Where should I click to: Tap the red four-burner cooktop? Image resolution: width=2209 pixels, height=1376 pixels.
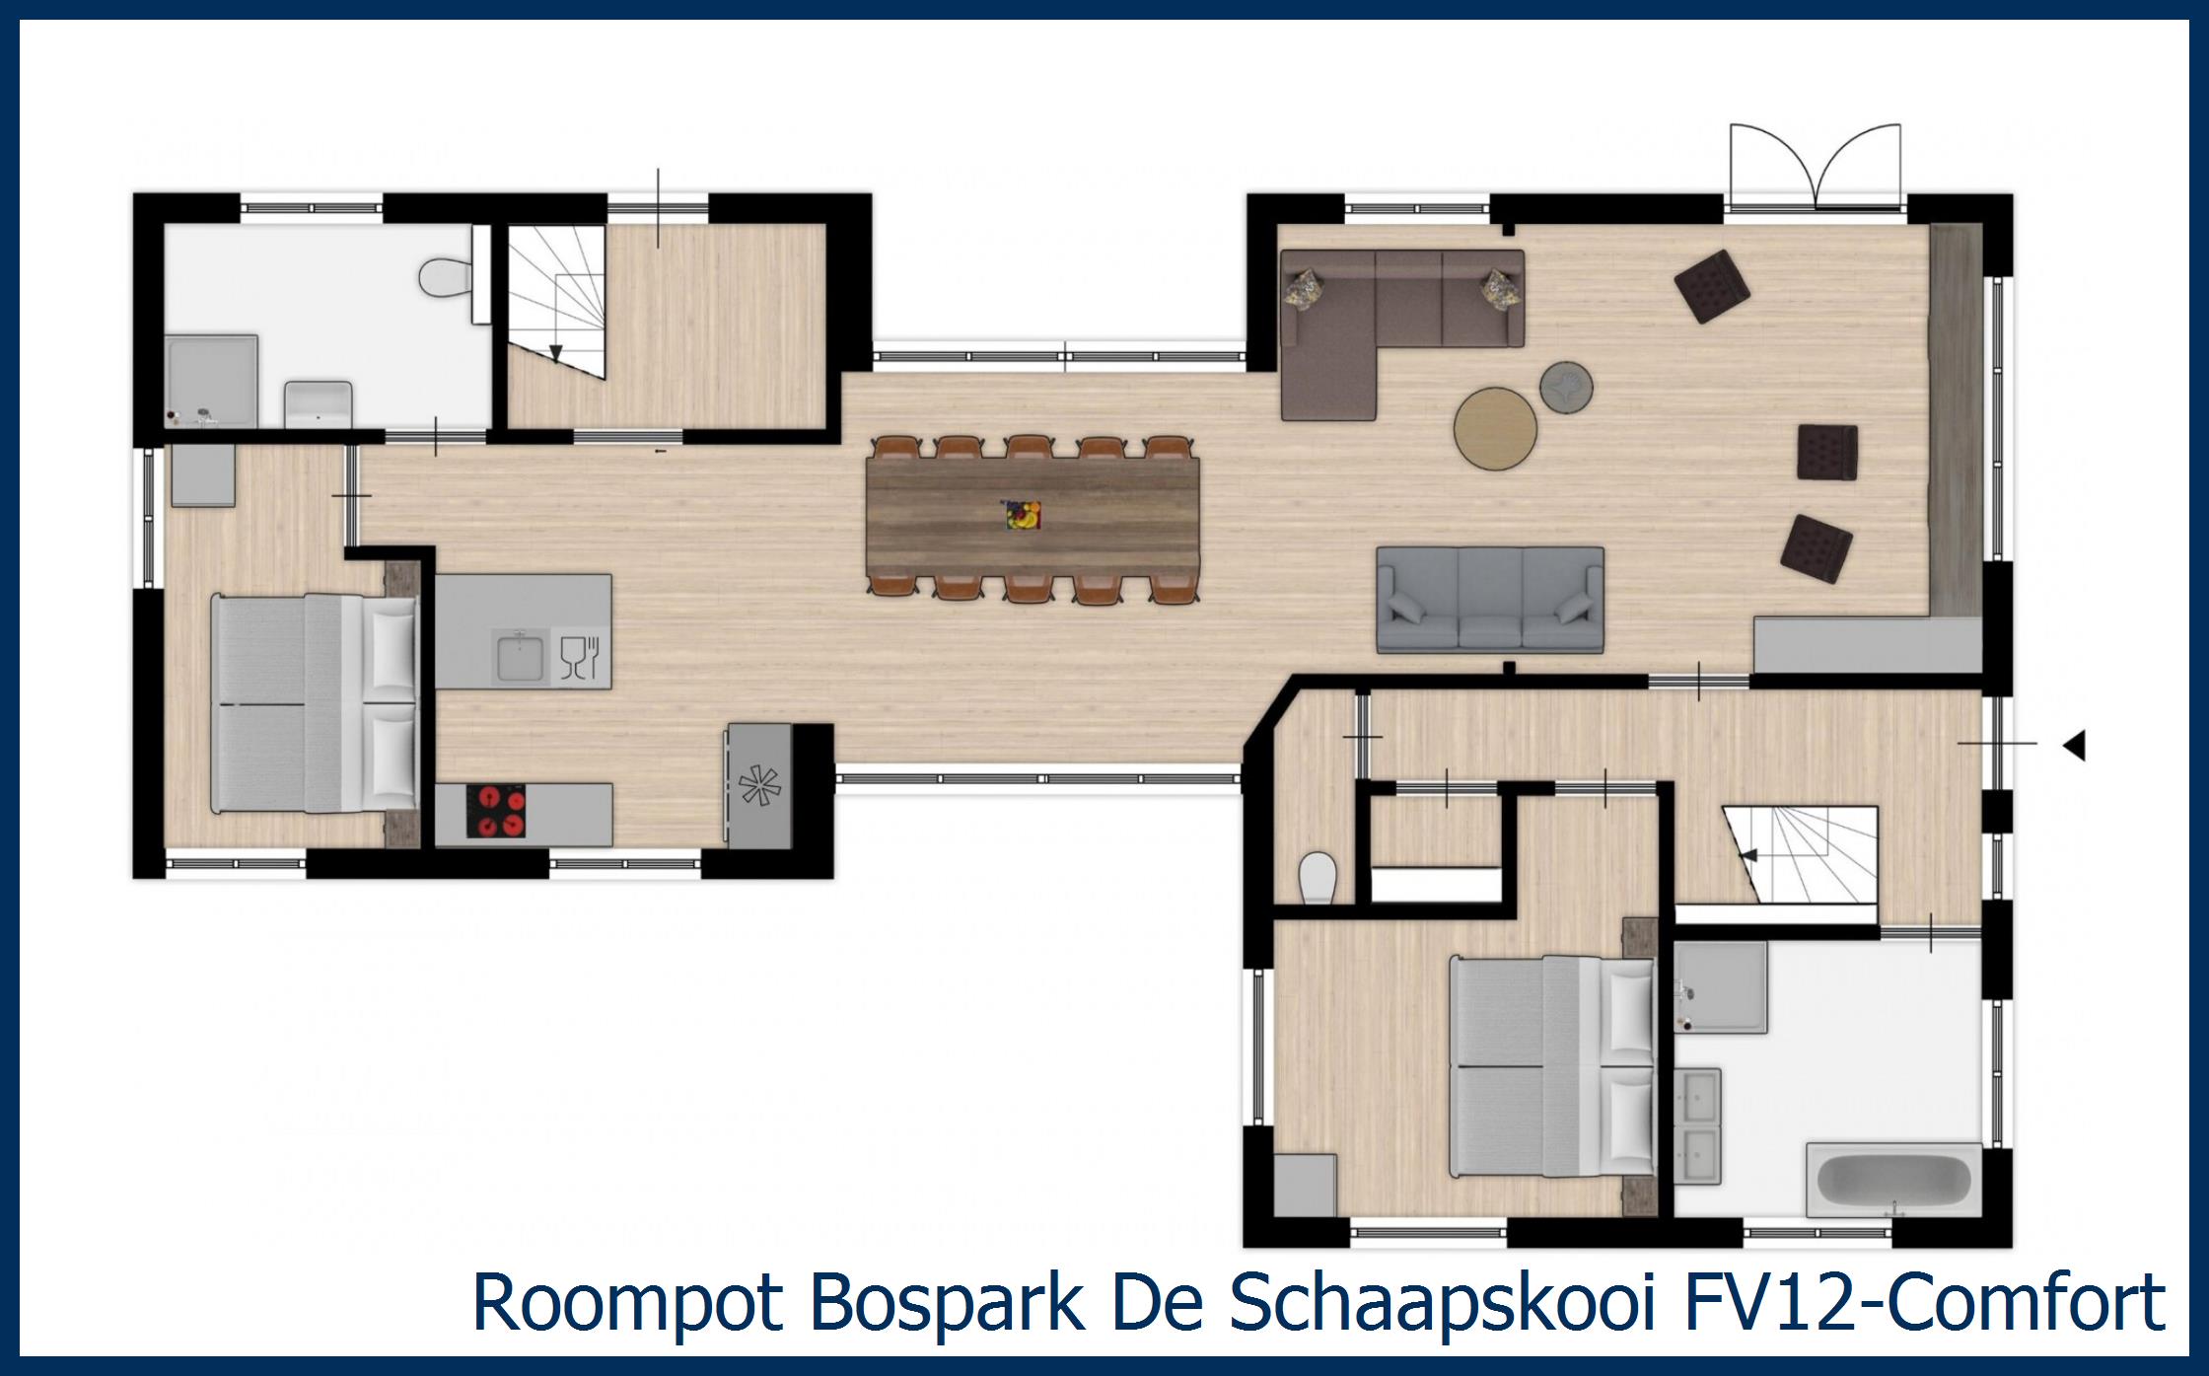coord(496,812)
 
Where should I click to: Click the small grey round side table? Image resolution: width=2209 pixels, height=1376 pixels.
coord(1566,385)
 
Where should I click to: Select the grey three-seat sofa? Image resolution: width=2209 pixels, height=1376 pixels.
coord(1489,600)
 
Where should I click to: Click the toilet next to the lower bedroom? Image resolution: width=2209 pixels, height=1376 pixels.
coord(1317,876)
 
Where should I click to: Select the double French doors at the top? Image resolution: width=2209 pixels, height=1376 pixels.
coord(1816,168)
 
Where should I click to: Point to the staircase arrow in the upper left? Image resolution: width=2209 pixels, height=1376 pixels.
coord(556,353)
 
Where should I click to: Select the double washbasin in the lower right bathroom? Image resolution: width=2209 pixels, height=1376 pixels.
coord(1698,1126)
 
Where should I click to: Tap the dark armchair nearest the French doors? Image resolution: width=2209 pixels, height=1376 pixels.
coord(1712,286)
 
